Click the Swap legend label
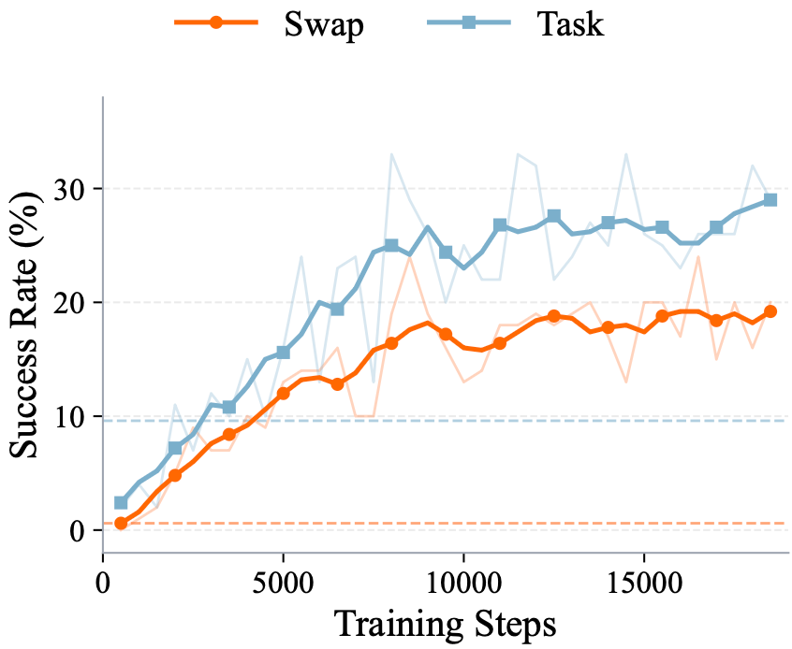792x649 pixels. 324,24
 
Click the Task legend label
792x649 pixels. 570,23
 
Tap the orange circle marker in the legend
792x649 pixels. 216,22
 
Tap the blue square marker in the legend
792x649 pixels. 469,22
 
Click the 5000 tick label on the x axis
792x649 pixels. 283,583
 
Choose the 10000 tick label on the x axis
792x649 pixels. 463,583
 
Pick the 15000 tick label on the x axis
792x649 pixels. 644,583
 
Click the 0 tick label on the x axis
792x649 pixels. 103,583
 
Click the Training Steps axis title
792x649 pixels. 445,625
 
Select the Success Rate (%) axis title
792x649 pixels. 24,324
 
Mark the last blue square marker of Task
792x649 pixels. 770,200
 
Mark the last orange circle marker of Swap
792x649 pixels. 770,312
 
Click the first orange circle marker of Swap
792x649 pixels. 121,524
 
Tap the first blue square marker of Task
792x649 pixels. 121,502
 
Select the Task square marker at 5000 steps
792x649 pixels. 284,353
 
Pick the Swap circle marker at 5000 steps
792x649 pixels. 284,393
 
